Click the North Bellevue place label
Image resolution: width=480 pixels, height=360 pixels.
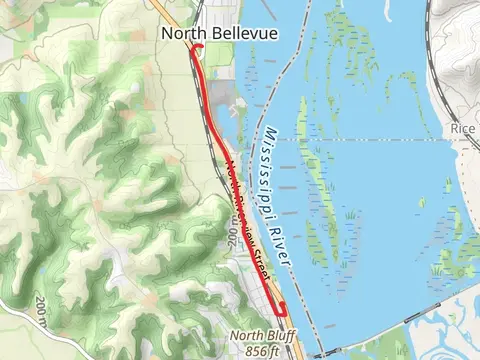click(x=206, y=34)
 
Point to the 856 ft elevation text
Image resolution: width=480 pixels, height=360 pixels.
click(x=259, y=351)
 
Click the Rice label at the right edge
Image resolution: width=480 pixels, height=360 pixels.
click(x=463, y=129)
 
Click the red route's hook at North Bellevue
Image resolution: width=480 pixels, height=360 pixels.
click(x=197, y=49)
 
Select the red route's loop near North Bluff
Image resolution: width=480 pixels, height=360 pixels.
click(x=283, y=310)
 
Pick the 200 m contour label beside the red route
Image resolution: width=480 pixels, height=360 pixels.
click(x=233, y=236)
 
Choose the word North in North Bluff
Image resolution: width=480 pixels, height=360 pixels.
click(x=245, y=336)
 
